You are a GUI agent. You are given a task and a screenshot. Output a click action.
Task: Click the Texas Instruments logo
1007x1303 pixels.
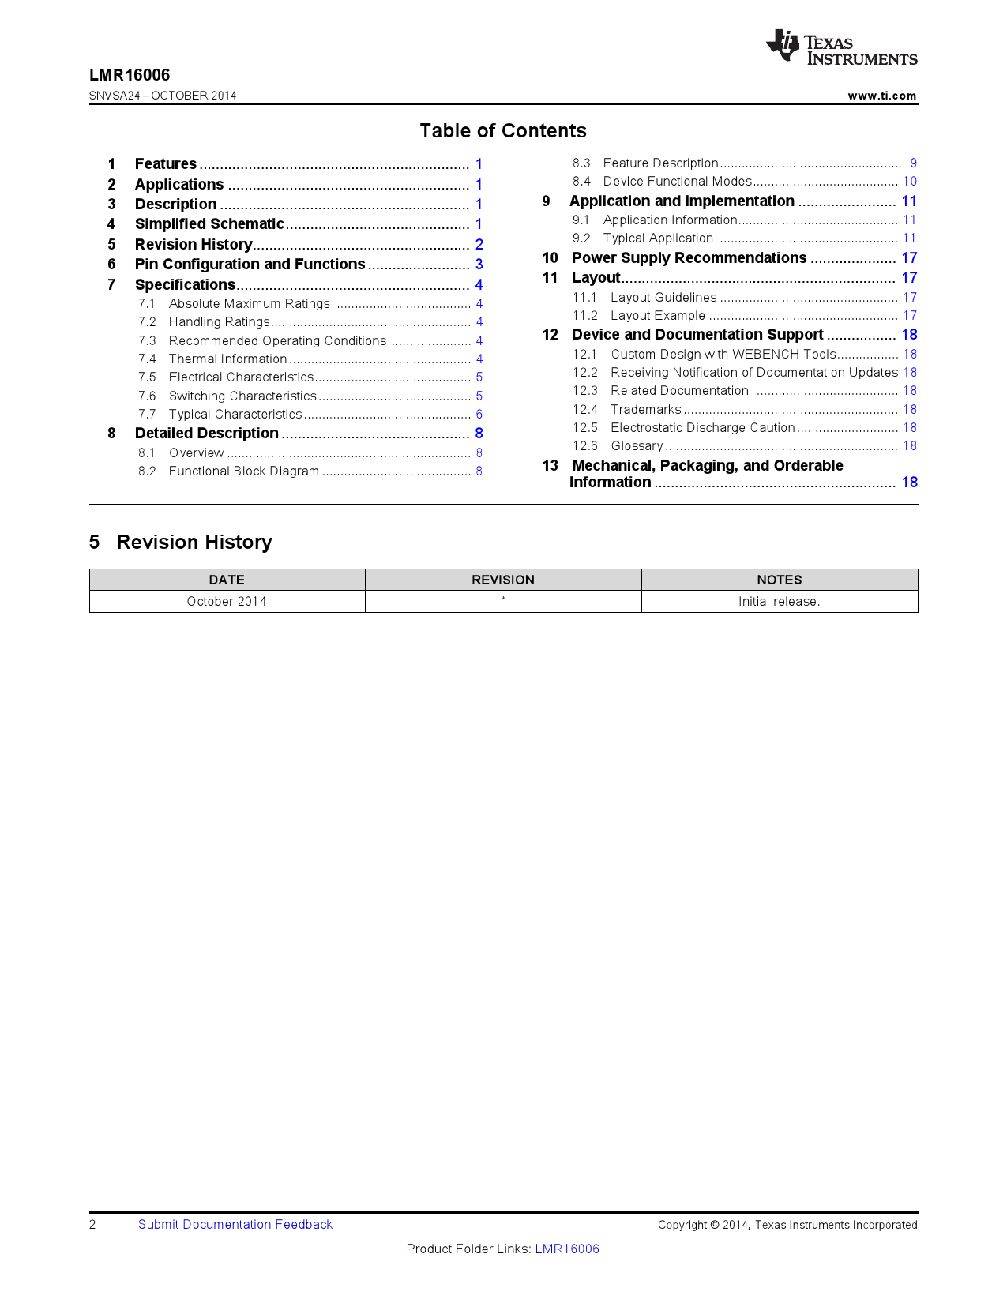[x=841, y=47]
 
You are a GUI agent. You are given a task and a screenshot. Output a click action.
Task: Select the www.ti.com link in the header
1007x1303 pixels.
[x=881, y=96]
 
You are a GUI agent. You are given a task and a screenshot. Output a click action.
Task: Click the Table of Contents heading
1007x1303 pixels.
[x=502, y=130]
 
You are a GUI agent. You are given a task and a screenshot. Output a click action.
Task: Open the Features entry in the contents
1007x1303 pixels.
[x=166, y=164]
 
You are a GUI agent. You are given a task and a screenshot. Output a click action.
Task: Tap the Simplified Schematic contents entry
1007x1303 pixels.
[x=209, y=224]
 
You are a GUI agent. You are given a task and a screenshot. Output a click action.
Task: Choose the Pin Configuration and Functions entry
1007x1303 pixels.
[x=250, y=265]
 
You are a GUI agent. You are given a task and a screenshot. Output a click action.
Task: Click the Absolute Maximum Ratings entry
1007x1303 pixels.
[x=250, y=304]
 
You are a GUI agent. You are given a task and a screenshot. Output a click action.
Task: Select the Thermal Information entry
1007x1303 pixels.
[x=227, y=359]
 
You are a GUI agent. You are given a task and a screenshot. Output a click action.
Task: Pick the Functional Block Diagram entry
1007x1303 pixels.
[x=244, y=471]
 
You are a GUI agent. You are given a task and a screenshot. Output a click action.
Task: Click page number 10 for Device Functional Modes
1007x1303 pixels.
[x=910, y=182]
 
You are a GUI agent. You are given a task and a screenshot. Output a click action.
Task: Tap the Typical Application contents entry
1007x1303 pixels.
[x=658, y=238]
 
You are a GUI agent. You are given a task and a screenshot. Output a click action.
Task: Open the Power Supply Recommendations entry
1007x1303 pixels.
[x=689, y=258]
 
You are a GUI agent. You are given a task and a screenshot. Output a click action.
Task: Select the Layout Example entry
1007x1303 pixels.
[x=657, y=316]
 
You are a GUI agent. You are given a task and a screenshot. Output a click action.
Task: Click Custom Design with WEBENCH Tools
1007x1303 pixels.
[x=723, y=355]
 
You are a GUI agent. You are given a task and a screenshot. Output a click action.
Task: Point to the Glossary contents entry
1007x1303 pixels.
[x=637, y=446]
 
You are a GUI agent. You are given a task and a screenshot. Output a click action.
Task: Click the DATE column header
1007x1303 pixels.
[x=227, y=580]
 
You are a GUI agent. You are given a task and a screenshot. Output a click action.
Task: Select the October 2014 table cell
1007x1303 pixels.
[x=227, y=602]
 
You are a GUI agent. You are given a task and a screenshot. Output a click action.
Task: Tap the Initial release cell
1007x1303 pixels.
[x=779, y=602]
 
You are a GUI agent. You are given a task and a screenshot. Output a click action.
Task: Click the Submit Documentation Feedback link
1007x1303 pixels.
[x=235, y=1225]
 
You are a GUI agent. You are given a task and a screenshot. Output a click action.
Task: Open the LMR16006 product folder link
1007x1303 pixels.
[x=567, y=1249]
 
